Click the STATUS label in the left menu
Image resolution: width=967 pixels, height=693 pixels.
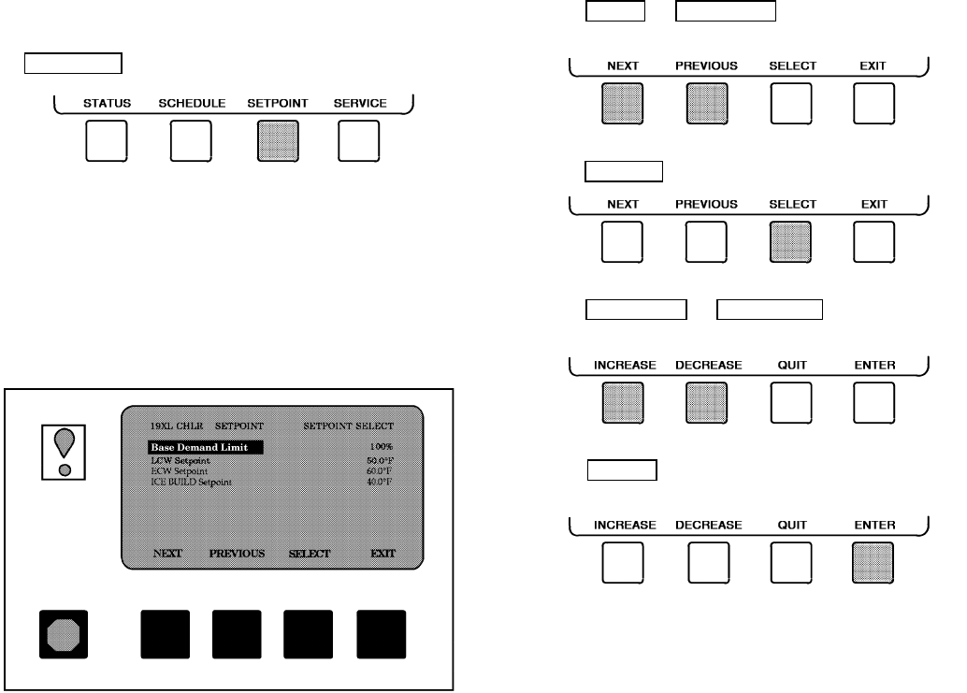pyautogui.click(x=107, y=103)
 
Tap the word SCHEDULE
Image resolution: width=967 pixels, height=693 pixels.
pyautogui.click(x=192, y=103)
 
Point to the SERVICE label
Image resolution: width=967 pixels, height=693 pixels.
pyautogui.click(x=360, y=103)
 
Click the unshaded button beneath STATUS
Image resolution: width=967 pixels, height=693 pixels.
pyautogui.click(x=107, y=142)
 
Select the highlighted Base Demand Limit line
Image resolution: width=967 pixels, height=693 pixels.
pyautogui.click(x=205, y=448)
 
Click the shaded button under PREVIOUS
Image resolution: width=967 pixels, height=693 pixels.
pyautogui.click(x=706, y=103)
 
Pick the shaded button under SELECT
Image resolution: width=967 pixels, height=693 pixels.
pyautogui.click(x=791, y=242)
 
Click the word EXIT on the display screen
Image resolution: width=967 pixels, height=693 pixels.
pyautogui.click(x=382, y=553)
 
